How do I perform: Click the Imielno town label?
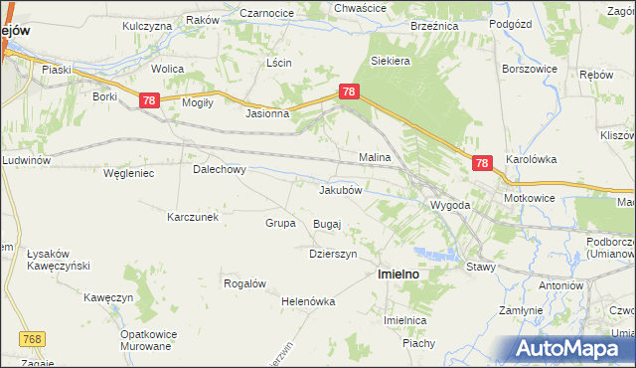397,274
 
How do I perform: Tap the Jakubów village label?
345,189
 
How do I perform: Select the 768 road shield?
33,340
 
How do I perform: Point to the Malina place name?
374,157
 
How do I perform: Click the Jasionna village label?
267,113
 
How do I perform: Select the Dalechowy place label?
219,169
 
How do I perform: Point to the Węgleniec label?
128,173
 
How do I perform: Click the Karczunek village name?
200,217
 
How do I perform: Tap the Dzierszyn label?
332,254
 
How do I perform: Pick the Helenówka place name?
309,301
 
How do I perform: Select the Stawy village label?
481,267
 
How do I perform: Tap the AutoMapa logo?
573,348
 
